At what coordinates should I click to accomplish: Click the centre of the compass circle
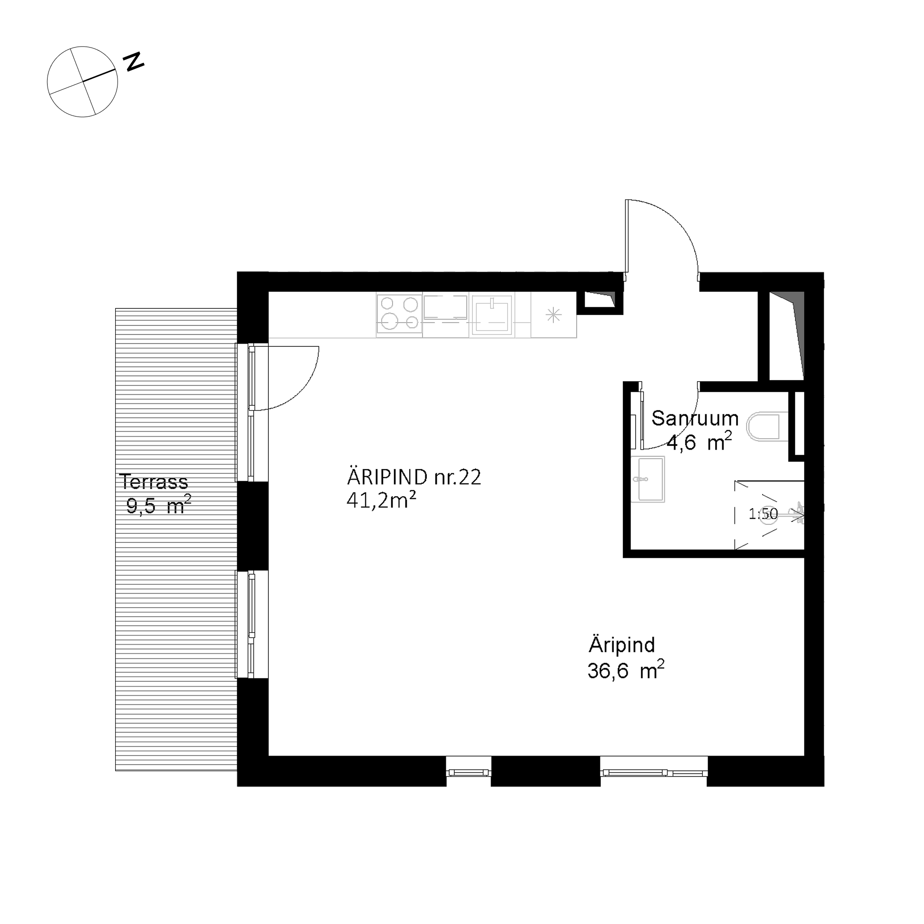82,82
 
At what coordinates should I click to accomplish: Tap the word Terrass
154,482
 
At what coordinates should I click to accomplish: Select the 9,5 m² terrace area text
159,505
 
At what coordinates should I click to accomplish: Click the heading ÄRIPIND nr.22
413,477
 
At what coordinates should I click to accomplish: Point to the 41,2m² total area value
381,500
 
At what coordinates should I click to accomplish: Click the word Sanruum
695,419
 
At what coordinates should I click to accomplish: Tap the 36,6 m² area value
626,670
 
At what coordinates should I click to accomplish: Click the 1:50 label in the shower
763,514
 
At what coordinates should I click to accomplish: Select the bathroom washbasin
648,479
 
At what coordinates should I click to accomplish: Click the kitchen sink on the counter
491,314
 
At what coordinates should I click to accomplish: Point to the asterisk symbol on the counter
553,315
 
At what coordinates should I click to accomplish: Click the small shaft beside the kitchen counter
600,303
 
